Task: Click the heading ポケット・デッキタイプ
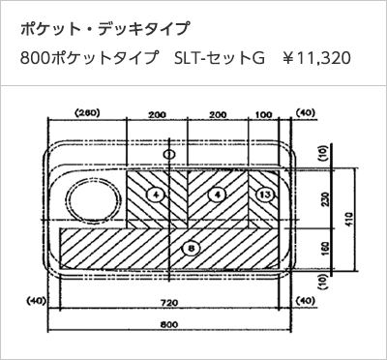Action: [x=104, y=29]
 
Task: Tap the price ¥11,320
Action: [x=316, y=58]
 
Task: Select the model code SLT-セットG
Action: [x=220, y=58]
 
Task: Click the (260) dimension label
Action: [x=87, y=113]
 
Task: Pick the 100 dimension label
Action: [x=263, y=114]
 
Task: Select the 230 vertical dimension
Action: [x=325, y=198]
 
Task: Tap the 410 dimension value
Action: [x=349, y=220]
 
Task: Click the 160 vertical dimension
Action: [x=325, y=249]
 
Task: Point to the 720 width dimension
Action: [x=169, y=303]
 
